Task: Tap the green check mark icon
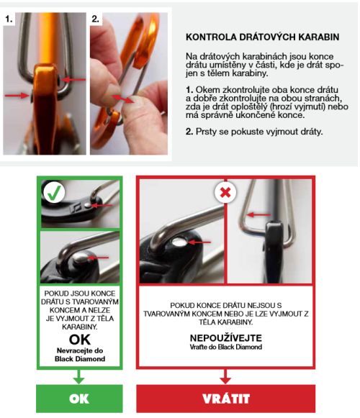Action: tap(54, 193)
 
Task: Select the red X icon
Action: tap(225, 192)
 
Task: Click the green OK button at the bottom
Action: tap(79, 399)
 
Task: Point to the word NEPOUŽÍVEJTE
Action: tap(226, 337)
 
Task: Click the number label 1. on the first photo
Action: tap(9, 19)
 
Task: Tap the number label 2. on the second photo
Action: tap(96, 19)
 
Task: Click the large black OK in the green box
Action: tap(79, 340)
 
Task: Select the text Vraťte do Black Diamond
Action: tap(226, 347)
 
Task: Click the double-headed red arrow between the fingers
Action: tap(122, 99)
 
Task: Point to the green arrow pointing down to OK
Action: tap(79, 376)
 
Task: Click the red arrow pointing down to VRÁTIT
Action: tap(225, 376)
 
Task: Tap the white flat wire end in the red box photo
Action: tap(179, 242)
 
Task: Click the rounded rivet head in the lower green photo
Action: tap(81, 258)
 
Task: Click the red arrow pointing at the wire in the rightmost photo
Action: tap(258, 214)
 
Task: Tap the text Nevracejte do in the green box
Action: tap(80, 350)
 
